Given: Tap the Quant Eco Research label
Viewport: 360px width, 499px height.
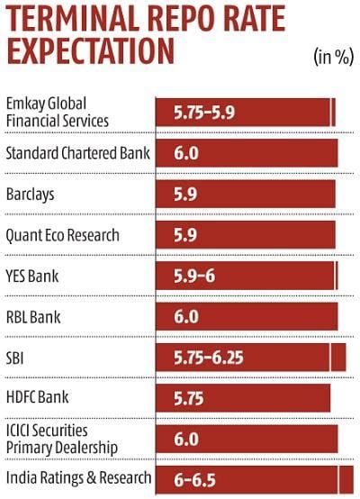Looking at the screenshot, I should click(x=62, y=235).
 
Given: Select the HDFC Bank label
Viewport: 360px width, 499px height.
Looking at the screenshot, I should click(x=37, y=396).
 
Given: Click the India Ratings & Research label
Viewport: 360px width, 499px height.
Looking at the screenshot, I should click(x=77, y=478).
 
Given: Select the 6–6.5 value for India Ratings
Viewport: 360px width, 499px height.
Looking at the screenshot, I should click(x=194, y=479).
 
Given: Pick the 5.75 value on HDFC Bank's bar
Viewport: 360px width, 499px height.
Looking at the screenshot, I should click(x=192, y=397).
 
